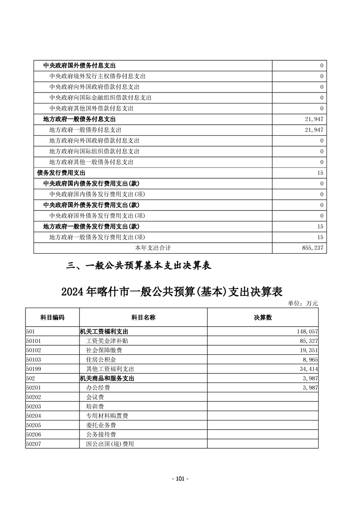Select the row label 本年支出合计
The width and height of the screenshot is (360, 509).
[153, 248]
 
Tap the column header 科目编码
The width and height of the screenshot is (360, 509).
[52, 318]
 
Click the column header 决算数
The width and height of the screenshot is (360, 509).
[262, 318]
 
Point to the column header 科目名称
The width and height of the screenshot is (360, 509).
[143, 318]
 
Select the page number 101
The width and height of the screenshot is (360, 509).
[180, 479]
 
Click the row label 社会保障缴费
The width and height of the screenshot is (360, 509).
[104, 351]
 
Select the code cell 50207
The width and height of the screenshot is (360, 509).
[34, 444]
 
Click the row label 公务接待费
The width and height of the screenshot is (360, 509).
[101, 435]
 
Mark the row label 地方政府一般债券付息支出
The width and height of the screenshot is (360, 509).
[89, 130]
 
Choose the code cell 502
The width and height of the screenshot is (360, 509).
[31, 378]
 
